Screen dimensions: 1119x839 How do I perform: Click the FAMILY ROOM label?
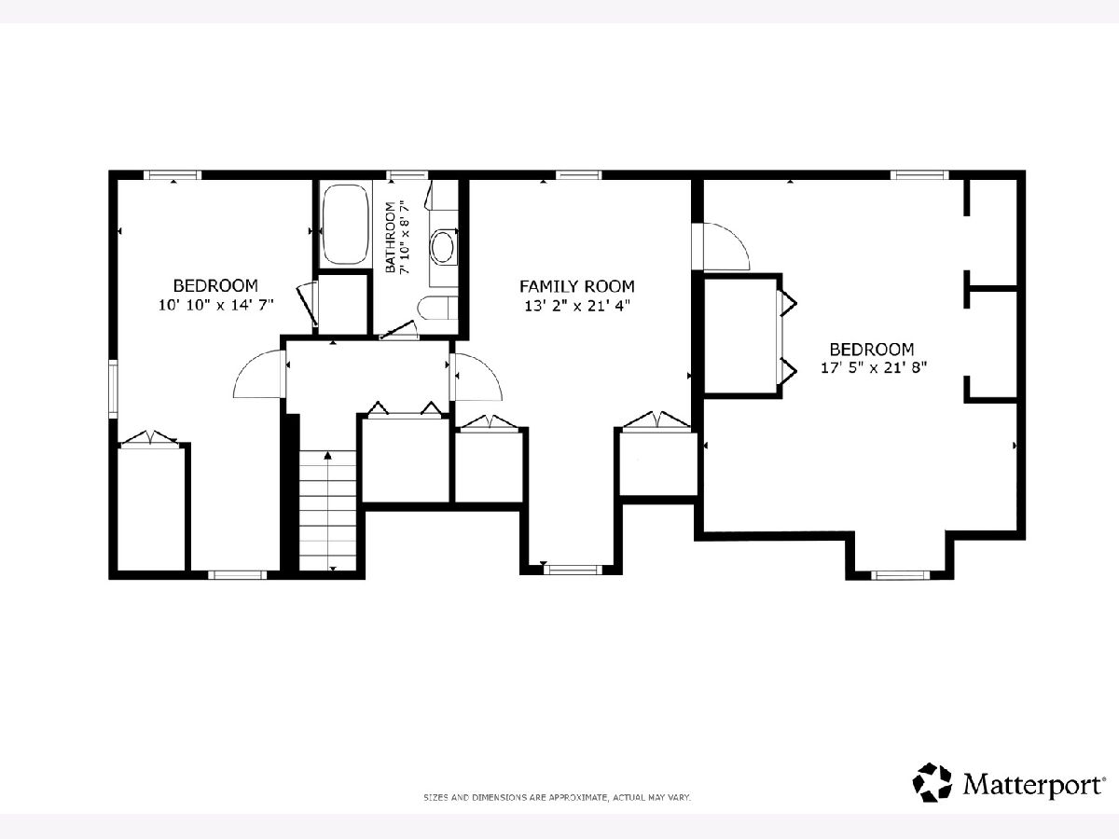[x=576, y=286]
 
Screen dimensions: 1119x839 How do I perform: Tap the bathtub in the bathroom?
[x=346, y=224]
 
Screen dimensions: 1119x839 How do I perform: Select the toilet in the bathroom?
[x=435, y=309]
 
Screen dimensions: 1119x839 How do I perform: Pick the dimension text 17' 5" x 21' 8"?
[x=873, y=367]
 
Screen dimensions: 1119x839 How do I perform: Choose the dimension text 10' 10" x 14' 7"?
[x=216, y=305]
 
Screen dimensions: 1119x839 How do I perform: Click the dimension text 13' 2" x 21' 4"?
[x=577, y=306]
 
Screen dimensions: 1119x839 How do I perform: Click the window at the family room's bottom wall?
[x=573, y=570]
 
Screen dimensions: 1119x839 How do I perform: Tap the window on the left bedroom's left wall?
[x=113, y=389]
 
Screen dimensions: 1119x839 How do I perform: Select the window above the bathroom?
[x=407, y=175]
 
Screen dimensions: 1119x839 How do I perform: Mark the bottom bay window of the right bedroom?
[x=900, y=575]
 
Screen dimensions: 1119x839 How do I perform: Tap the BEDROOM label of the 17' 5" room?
[x=872, y=349]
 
